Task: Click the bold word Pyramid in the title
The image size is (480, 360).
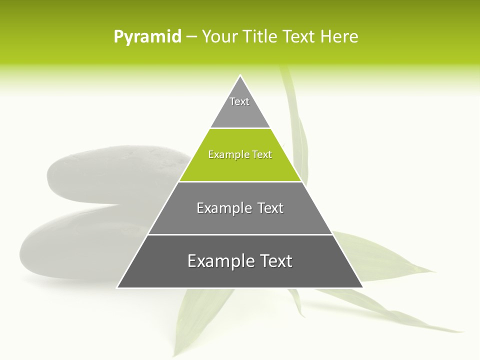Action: [x=147, y=37]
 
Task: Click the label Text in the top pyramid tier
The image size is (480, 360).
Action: [x=239, y=101]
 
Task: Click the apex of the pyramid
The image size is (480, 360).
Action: [x=240, y=76]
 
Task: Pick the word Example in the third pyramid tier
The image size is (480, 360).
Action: [x=223, y=208]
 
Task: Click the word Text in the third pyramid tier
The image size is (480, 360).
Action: [x=271, y=208]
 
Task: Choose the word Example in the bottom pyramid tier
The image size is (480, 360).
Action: [x=216, y=261]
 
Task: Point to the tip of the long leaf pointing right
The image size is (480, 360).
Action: [x=462, y=331]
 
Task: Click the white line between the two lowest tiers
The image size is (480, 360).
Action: [x=240, y=234]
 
